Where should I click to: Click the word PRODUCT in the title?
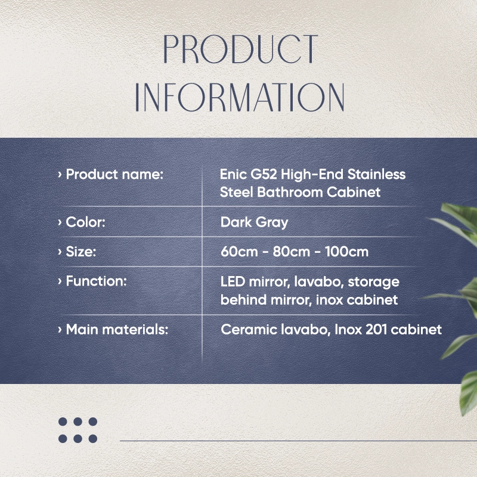(241, 49)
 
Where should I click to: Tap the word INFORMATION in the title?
(240, 97)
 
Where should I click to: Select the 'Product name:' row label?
(114, 175)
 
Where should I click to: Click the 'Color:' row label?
(85, 222)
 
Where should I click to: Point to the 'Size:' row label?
(81, 252)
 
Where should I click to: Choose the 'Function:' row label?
(96, 281)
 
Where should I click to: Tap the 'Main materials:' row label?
(117, 330)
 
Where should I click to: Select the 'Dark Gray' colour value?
(255, 222)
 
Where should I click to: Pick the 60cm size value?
(240, 252)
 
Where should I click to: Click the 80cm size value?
(292, 252)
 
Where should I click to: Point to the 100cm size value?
(347, 252)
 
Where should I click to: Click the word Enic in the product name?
(233, 174)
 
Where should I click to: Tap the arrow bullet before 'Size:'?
(60, 252)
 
